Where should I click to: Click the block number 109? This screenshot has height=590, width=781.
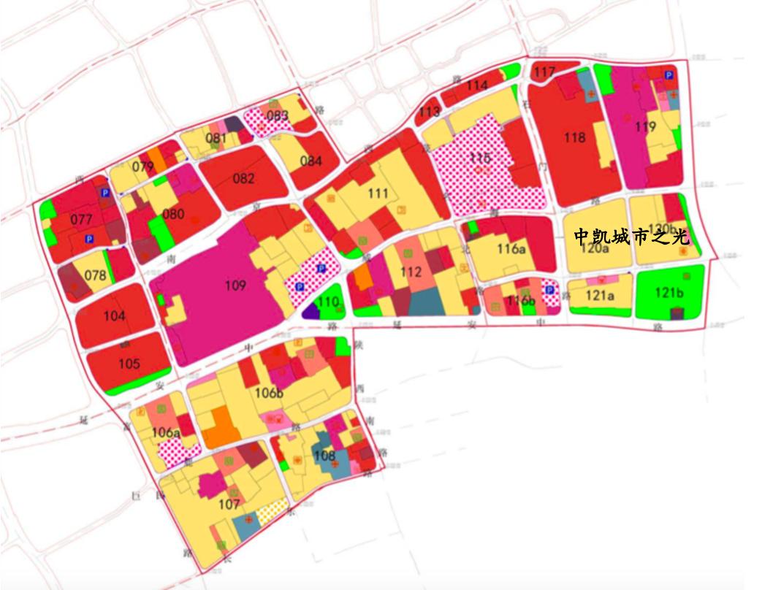(x=235, y=286)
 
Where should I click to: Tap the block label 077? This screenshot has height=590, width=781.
(x=82, y=220)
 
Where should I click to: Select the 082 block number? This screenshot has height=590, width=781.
(x=244, y=179)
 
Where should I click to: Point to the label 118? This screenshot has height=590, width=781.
(x=575, y=137)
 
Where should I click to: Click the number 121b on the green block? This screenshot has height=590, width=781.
(x=669, y=293)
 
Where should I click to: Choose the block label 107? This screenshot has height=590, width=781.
(x=229, y=504)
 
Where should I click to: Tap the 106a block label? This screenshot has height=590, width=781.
(x=167, y=433)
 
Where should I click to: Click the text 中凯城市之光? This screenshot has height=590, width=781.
(x=631, y=237)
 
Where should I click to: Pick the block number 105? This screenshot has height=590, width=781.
(x=129, y=364)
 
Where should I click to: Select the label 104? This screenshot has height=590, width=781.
(x=114, y=316)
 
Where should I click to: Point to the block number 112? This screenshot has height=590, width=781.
(x=411, y=272)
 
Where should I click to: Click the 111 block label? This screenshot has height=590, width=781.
(x=378, y=194)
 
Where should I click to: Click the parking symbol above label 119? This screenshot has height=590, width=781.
(x=668, y=75)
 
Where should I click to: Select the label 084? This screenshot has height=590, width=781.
(x=311, y=161)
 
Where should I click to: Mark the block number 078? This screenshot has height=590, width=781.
(x=95, y=276)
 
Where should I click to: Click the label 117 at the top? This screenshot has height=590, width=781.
(x=544, y=72)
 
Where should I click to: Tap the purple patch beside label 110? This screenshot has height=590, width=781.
(x=311, y=311)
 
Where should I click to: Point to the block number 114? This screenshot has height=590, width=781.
(x=476, y=85)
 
